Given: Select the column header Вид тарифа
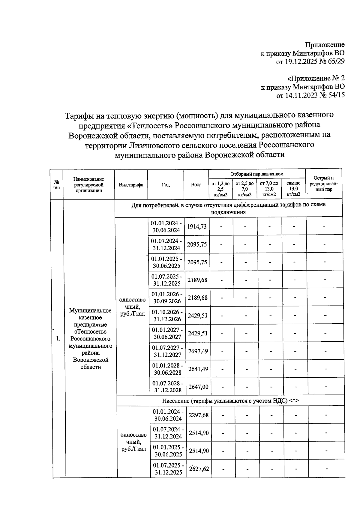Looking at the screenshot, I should click(x=131, y=185).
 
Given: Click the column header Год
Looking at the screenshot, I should click(x=166, y=185).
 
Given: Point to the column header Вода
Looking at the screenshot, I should click(x=196, y=185).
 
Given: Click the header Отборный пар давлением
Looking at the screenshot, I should click(x=257, y=174).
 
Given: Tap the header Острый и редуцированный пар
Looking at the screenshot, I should click(x=324, y=184).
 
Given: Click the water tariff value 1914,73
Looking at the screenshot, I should click(x=197, y=227).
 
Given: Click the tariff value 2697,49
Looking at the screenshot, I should click(x=198, y=351).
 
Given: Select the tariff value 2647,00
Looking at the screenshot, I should click(x=198, y=387).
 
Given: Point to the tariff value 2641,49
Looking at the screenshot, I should click(x=198, y=369).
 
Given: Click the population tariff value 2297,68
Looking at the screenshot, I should click(x=198, y=415).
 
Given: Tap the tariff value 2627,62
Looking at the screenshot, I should click(x=199, y=469).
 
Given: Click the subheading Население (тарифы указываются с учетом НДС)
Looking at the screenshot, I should click(x=230, y=401).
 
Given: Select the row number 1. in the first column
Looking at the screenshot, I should click(x=58, y=339).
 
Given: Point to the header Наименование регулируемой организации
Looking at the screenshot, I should click(x=89, y=185).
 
